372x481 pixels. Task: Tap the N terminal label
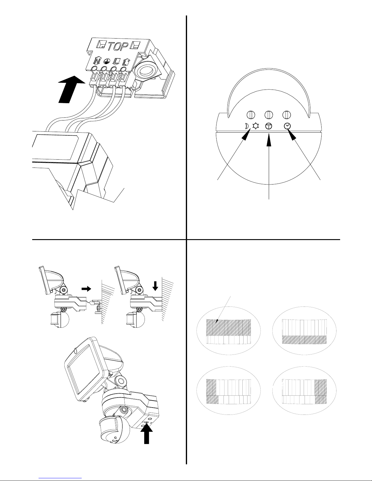[97, 61]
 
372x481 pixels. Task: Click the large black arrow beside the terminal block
[71, 89]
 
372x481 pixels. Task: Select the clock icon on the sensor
[287, 126]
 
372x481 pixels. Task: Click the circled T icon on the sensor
[268, 126]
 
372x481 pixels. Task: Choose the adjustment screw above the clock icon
[287, 115]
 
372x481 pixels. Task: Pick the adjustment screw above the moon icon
[251, 115]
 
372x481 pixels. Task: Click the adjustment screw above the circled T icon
[269, 115]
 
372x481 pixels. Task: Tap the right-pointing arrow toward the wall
[86, 289]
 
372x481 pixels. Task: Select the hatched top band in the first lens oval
[228, 328]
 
